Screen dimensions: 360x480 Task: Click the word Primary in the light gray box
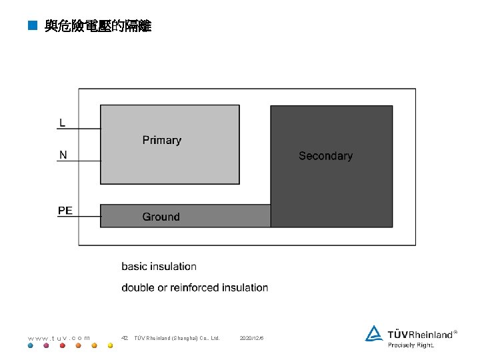(x=161, y=140)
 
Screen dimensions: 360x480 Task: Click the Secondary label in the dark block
(x=325, y=156)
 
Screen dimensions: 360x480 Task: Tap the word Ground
(x=161, y=217)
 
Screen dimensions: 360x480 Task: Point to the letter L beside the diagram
(x=62, y=123)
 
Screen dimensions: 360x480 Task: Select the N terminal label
(x=63, y=155)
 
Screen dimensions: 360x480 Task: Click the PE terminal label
(x=65, y=211)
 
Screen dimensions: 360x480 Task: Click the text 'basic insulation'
(x=159, y=267)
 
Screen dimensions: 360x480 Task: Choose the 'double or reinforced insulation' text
(x=195, y=288)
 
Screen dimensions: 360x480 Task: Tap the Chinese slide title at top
(x=98, y=26)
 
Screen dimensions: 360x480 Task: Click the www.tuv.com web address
(x=59, y=338)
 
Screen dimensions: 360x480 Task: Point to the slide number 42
(x=124, y=338)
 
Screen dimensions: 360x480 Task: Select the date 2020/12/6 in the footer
(x=251, y=338)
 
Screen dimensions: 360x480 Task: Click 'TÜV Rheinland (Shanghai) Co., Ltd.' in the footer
(x=177, y=338)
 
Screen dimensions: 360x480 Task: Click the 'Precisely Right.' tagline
(x=411, y=345)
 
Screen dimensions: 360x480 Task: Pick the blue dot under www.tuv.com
(x=31, y=346)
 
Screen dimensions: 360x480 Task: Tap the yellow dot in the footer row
(x=111, y=346)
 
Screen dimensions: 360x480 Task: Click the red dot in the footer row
(x=63, y=346)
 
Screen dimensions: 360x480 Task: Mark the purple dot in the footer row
(x=46, y=346)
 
